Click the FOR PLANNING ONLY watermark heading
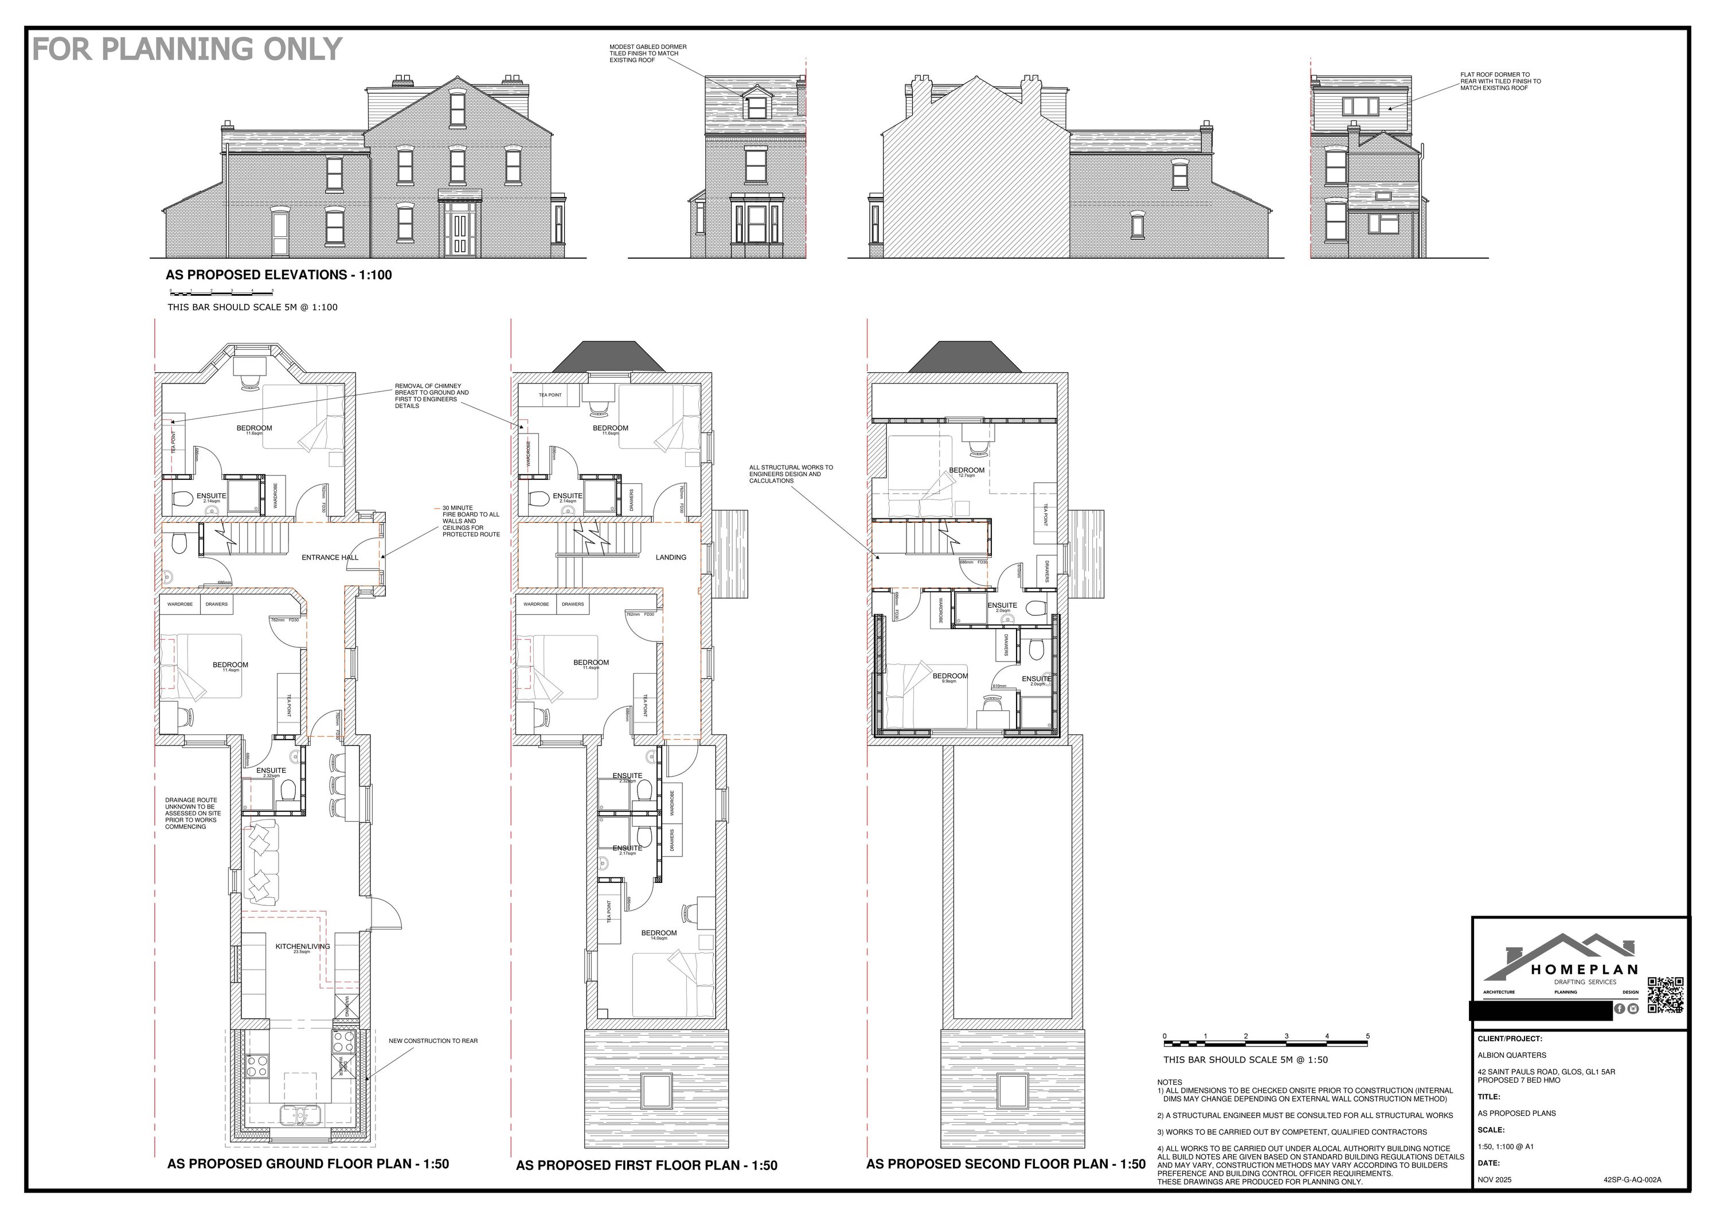point(187,49)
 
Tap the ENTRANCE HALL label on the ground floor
point(330,557)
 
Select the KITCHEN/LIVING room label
point(302,946)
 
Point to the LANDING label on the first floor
point(670,557)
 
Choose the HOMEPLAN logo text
point(1584,969)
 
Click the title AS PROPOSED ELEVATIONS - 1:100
point(279,275)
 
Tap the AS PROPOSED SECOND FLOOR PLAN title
point(1005,1164)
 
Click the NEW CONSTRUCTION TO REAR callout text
point(433,1041)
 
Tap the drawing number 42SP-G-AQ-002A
point(1632,1180)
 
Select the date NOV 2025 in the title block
point(1495,1180)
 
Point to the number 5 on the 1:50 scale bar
point(1368,1037)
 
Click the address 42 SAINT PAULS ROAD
point(1546,1072)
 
